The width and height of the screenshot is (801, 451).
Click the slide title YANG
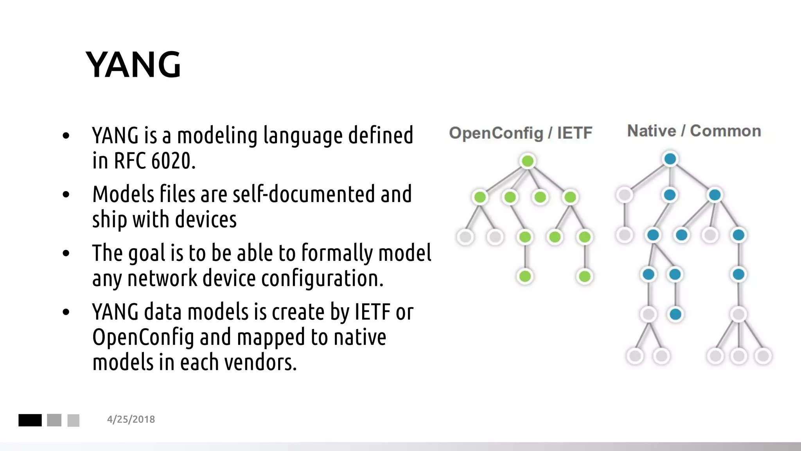[x=133, y=65]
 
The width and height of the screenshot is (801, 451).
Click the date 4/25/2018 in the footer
[x=131, y=419]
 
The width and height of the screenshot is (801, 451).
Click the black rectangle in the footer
[x=30, y=420]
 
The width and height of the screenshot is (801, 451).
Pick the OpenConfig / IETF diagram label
[x=521, y=133]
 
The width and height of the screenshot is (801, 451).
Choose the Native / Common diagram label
[x=694, y=131]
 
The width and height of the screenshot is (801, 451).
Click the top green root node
[x=528, y=161]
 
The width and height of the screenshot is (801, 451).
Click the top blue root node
[x=670, y=159]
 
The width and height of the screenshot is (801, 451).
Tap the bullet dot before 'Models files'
[x=66, y=195]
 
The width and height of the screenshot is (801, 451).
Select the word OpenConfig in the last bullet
[x=143, y=337]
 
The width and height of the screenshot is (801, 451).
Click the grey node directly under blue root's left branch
[x=624, y=195]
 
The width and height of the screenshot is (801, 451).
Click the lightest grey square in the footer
[x=74, y=420]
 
